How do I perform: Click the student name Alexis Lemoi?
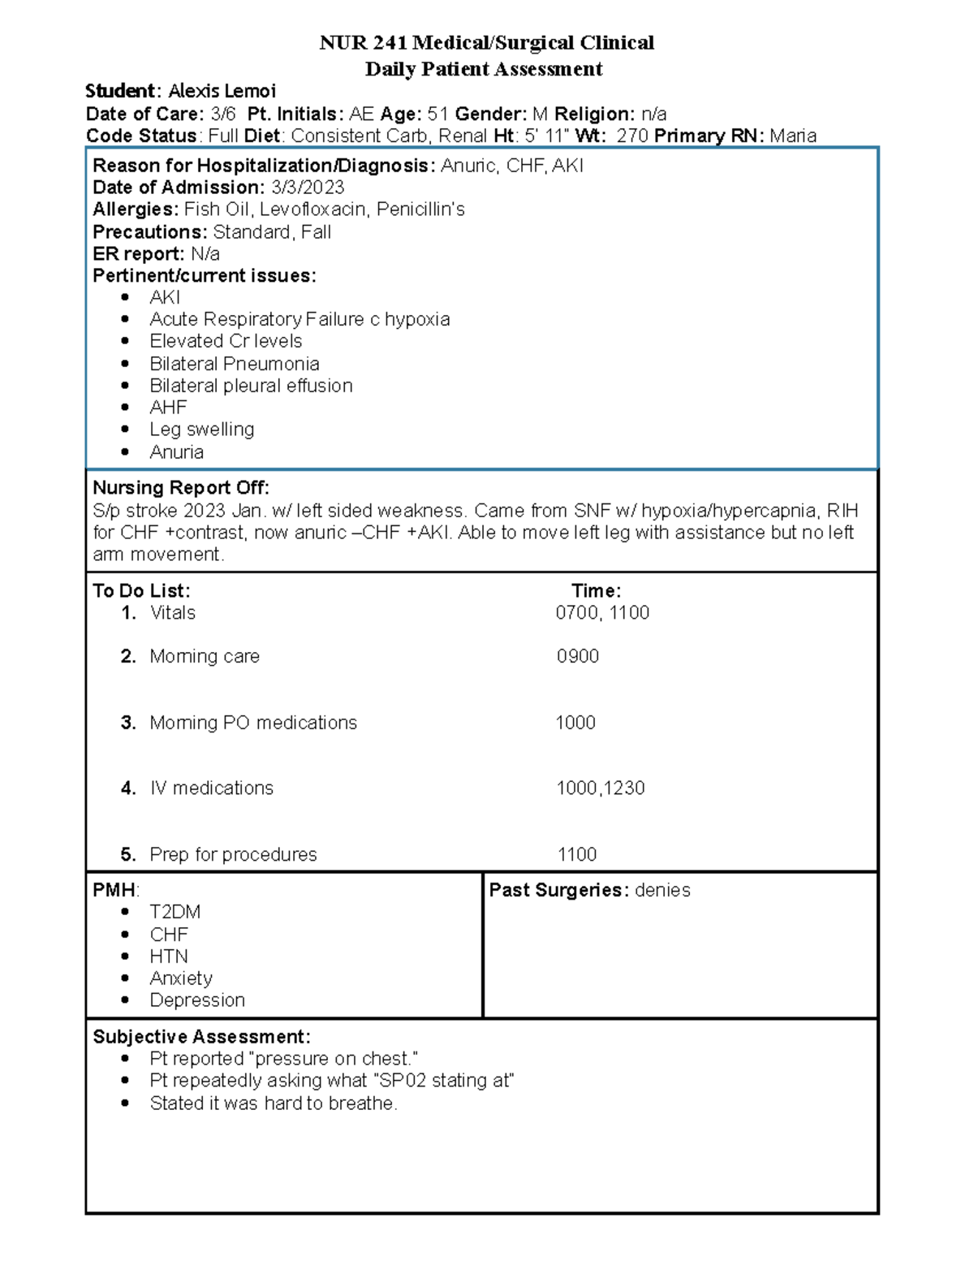[x=222, y=91]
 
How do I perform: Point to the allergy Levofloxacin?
[x=313, y=209]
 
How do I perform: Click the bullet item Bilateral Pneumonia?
[x=234, y=364]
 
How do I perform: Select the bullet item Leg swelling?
[x=201, y=430]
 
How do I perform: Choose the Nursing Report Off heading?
[x=181, y=488]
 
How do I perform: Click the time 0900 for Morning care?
[x=577, y=656]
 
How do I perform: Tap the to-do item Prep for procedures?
[x=233, y=854]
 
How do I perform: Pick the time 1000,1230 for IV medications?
[x=600, y=788]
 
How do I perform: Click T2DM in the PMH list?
[x=175, y=912]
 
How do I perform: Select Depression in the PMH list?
[x=197, y=1000]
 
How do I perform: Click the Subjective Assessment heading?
[x=201, y=1037]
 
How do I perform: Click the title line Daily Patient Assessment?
[x=484, y=69]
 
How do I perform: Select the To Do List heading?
[x=141, y=590]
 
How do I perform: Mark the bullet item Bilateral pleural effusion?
[x=251, y=386]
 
